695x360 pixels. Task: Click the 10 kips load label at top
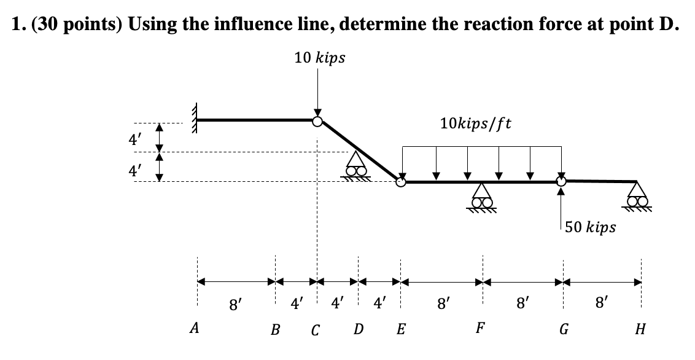point(319,58)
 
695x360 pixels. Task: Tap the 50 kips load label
point(591,228)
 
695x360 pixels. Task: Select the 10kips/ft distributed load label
point(477,123)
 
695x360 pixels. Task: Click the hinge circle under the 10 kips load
point(317,121)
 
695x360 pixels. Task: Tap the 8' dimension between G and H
point(602,302)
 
